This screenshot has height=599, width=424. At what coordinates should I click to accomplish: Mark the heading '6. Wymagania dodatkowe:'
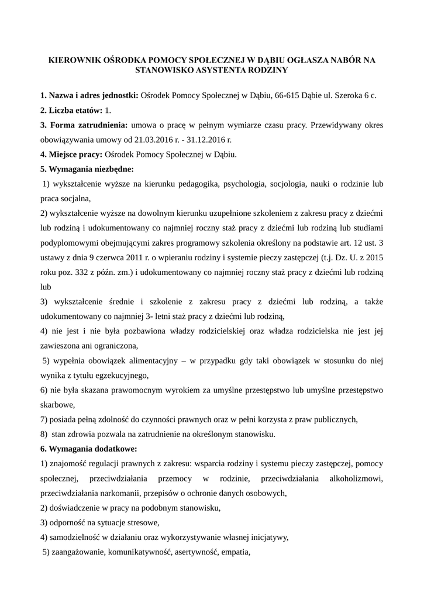pyautogui.click(x=88, y=449)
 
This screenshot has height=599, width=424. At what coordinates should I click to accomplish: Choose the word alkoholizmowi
pyautogui.click(x=355, y=478)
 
